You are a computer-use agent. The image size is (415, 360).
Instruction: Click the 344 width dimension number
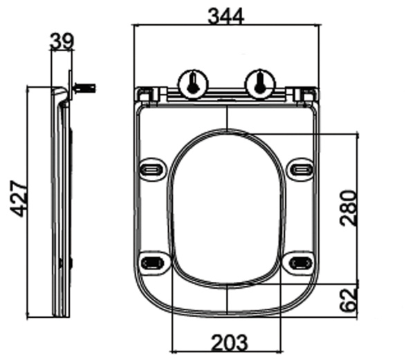pyautogui.click(x=226, y=15)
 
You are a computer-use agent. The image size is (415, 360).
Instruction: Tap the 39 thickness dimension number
pyautogui.click(x=62, y=41)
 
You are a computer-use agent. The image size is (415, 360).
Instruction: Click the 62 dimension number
pyautogui.click(x=349, y=299)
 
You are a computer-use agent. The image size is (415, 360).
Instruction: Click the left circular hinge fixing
pyautogui.click(x=192, y=83)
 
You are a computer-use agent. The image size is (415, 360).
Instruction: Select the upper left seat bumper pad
pyautogui.click(x=151, y=168)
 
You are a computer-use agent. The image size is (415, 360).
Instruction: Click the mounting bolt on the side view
pyautogui.click(x=85, y=88)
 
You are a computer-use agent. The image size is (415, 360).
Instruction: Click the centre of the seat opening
pyautogui.click(x=227, y=207)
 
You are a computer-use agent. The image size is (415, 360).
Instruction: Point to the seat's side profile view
pyautogui.click(x=62, y=207)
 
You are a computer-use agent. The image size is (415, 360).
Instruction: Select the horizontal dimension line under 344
pyautogui.click(x=226, y=26)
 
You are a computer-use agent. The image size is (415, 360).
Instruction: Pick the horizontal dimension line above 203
pyautogui.click(x=225, y=329)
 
